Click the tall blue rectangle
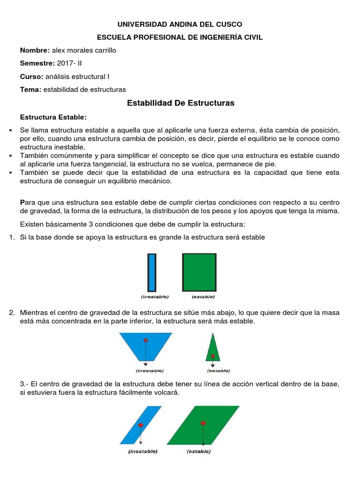(x=151, y=272)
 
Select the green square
(x=199, y=272)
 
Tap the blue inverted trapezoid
(x=146, y=345)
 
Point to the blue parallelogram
(x=140, y=425)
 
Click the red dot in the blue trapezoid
(x=146, y=340)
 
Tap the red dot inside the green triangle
(x=213, y=356)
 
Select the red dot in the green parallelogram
(x=203, y=423)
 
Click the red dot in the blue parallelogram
(x=141, y=425)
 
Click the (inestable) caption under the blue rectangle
(x=155, y=297)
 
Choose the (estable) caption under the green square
(x=203, y=297)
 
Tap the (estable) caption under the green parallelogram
(x=199, y=452)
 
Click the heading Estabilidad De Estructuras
(x=180, y=103)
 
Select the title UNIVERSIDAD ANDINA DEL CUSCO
(x=180, y=24)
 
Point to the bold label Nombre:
(x=35, y=50)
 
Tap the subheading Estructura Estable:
(x=53, y=117)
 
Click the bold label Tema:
(x=30, y=90)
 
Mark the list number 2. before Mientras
(x=12, y=313)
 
